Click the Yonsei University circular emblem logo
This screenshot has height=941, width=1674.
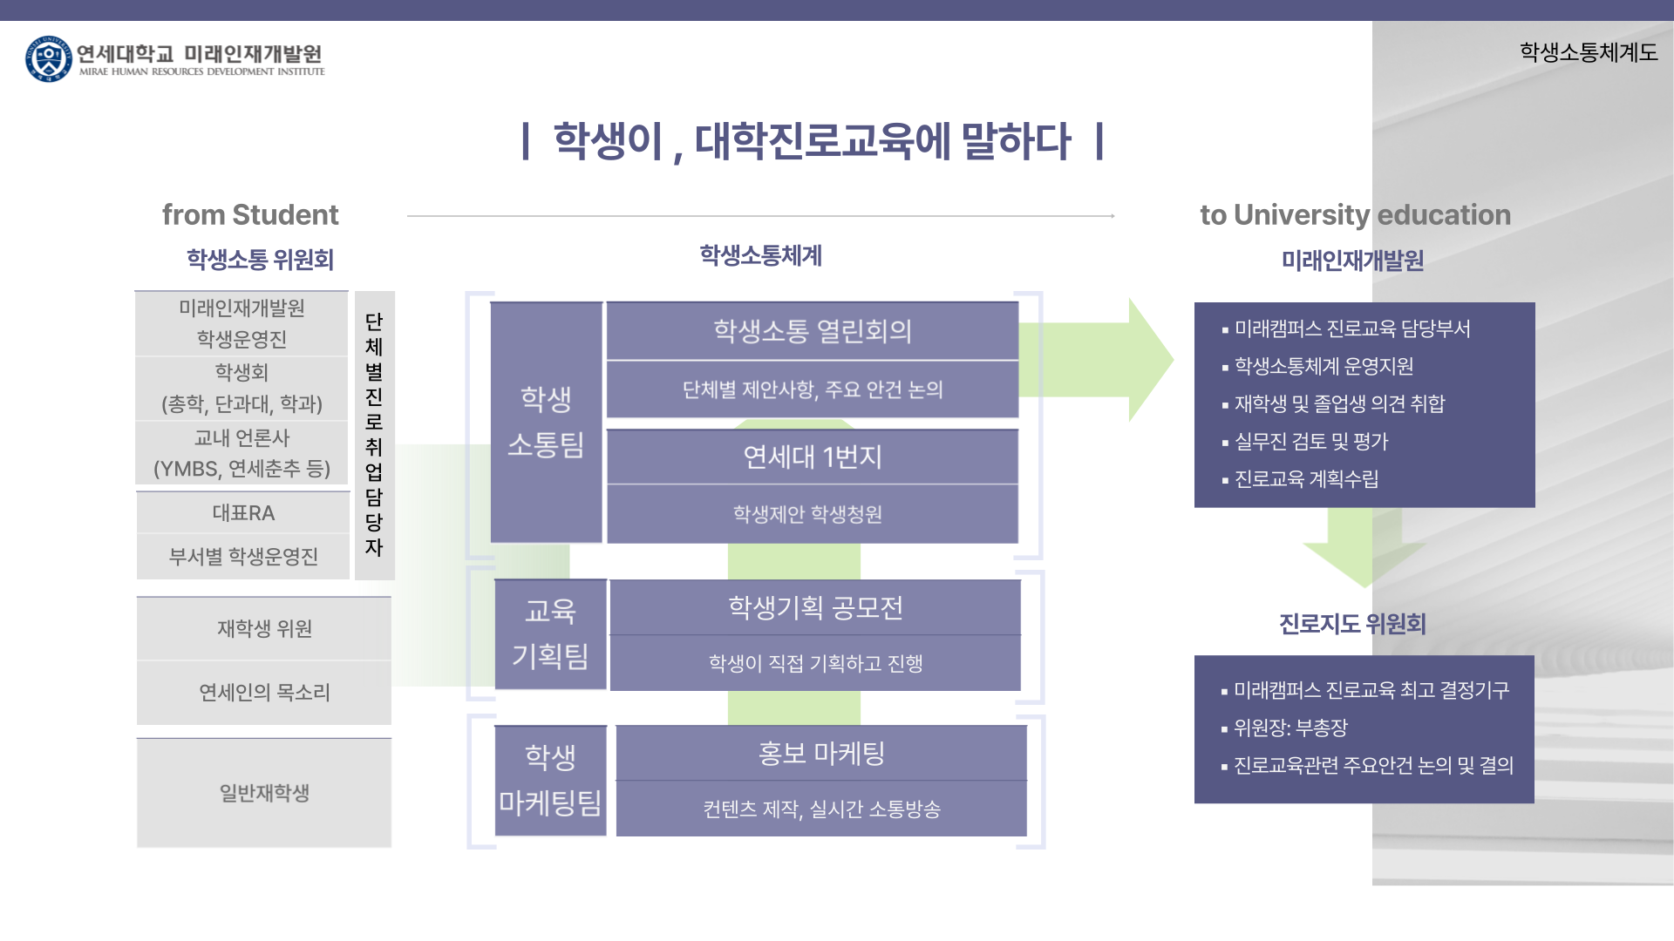[x=48, y=59]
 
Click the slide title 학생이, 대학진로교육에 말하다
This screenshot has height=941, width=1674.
[x=812, y=141]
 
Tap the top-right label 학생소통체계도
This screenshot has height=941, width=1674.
[x=1588, y=52]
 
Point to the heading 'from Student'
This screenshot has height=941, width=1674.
[x=250, y=214]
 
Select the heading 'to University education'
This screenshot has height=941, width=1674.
[x=1355, y=214]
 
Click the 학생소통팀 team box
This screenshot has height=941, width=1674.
[x=546, y=423]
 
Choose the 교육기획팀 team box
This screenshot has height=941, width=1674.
[x=550, y=633]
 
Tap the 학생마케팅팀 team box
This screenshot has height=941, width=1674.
[x=550, y=780]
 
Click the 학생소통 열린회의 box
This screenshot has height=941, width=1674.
[x=813, y=331]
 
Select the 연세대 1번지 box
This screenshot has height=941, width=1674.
[x=813, y=457]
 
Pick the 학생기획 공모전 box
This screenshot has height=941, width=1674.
[x=815, y=607]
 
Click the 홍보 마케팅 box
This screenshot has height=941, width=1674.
[x=821, y=753]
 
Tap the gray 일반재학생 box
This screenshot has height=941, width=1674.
[x=264, y=793]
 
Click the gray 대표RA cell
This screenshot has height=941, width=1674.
[x=243, y=513]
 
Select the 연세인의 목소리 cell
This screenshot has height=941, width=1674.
[x=264, y=692]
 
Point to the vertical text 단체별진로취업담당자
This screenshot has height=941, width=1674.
[x=374, y=435]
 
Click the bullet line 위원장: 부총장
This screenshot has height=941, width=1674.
[x=1290, y=728]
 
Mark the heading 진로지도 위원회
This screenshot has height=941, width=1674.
[x=1352, y=624]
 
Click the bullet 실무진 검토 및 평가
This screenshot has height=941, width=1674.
[x=1310, y=442]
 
